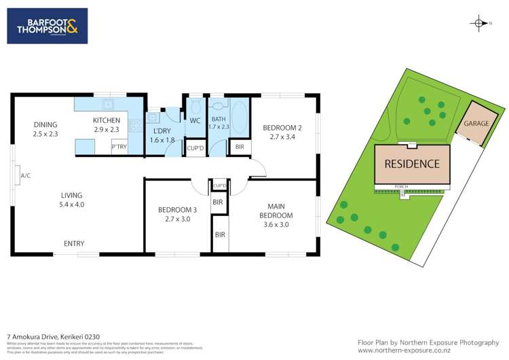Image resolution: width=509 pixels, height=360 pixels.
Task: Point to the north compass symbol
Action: [480, 24]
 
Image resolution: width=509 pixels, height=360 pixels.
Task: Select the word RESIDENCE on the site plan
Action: [412, 164]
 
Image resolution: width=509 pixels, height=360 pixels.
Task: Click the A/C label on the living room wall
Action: [25, 175]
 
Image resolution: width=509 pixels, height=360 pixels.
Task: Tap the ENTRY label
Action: [74, 243]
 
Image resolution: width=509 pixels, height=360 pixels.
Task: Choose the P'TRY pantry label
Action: [119, 147]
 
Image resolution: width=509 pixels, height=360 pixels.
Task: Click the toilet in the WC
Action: [194, 106]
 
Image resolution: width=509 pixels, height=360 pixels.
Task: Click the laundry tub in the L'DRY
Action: [154, 115]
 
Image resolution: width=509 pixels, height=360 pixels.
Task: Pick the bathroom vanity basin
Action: [217, 105]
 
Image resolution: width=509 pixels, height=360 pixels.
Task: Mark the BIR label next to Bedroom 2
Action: [240, 147]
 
